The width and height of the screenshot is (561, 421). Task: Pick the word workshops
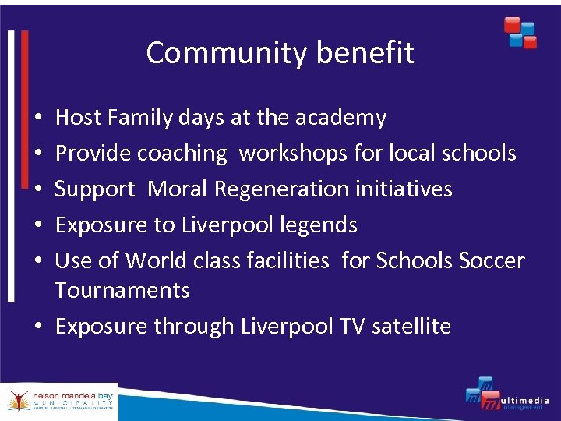pyautogui.click(x=294, y=154)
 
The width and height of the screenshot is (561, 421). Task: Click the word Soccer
pyautogui.click(x=492, y=260)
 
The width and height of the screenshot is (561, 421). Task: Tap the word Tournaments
pyautogui.click(x=122, y=290)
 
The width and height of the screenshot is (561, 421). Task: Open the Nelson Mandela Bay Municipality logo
pyautogui.click(x=59, y=402)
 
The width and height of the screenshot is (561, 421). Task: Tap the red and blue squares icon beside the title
pyautogui.click(x=520, y=33)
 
